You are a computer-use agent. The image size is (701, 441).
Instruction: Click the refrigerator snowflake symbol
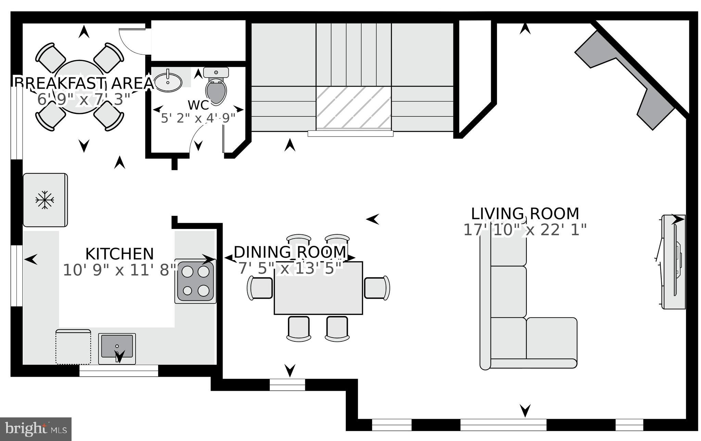(x=45, y=200)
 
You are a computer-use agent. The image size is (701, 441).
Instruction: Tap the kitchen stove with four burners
(x=195, y=281)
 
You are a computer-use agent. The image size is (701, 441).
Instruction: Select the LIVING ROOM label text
(x=525, y=214)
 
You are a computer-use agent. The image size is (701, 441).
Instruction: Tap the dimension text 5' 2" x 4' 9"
(x=198, y=118)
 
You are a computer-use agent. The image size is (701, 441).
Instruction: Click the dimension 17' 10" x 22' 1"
(x=525, y=230)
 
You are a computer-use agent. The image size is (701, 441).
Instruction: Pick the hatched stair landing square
(x=353, y=108)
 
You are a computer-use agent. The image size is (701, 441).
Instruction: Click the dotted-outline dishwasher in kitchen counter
(x=73, y=347)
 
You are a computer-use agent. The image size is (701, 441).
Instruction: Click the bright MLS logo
(x=36, y=429)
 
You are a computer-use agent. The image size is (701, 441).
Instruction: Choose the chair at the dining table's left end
(x=260, y=288)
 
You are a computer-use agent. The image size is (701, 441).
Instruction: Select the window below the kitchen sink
(x=119, y=371)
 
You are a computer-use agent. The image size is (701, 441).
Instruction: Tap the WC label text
(x=198, y=105)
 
